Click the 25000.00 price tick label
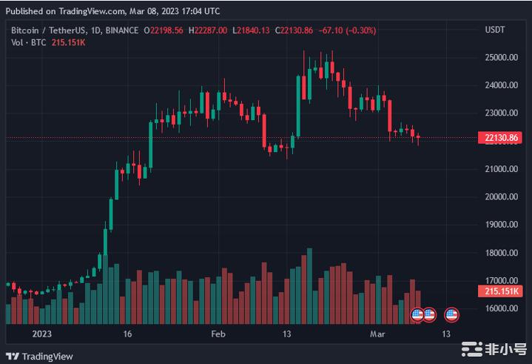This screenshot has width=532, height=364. (500, 57)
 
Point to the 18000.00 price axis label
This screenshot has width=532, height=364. (500, 253)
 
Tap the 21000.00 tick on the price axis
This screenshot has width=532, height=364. (500, 169)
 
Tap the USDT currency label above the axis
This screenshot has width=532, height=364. (494, 30)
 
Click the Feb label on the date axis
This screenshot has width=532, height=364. (218, 334)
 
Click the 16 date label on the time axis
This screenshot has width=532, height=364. (128, 334)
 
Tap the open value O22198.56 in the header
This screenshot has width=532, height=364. (165, 30)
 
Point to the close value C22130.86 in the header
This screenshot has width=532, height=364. (294, 30)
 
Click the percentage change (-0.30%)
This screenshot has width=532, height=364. (360, 30)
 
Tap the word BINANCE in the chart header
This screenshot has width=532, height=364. (122, 30)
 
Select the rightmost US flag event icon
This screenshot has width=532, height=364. (451, 315)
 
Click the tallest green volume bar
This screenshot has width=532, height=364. (309, 286)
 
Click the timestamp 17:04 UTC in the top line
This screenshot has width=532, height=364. (199, 11)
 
